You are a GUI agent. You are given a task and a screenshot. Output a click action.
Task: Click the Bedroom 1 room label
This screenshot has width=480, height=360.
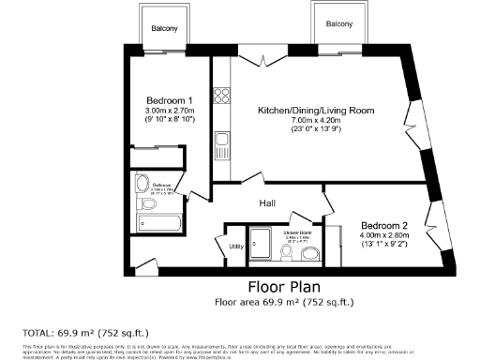(170, 100)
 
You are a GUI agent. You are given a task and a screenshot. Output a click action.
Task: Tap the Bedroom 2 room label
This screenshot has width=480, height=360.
(385, 226)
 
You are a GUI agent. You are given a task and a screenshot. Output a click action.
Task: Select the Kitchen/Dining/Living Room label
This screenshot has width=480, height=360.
(317, 111)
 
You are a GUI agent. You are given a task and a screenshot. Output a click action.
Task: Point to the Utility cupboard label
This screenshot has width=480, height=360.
(236, 247)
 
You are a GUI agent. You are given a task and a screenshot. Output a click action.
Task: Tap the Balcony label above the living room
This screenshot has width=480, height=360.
(339, 24)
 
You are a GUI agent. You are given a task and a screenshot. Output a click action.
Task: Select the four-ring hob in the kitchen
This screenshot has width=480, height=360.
(223, 95)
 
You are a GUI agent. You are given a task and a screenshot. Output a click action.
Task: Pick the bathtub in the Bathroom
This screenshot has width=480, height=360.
(158, 223)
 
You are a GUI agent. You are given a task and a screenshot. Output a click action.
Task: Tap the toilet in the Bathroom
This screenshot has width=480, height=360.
(144, 202)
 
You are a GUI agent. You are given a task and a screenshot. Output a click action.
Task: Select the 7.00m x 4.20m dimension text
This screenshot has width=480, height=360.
(316, 121)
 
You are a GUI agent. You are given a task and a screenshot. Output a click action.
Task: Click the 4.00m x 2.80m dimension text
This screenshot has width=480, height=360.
(385, 236)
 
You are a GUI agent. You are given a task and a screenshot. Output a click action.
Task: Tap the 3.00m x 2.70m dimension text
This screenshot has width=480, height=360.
(170, 111)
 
